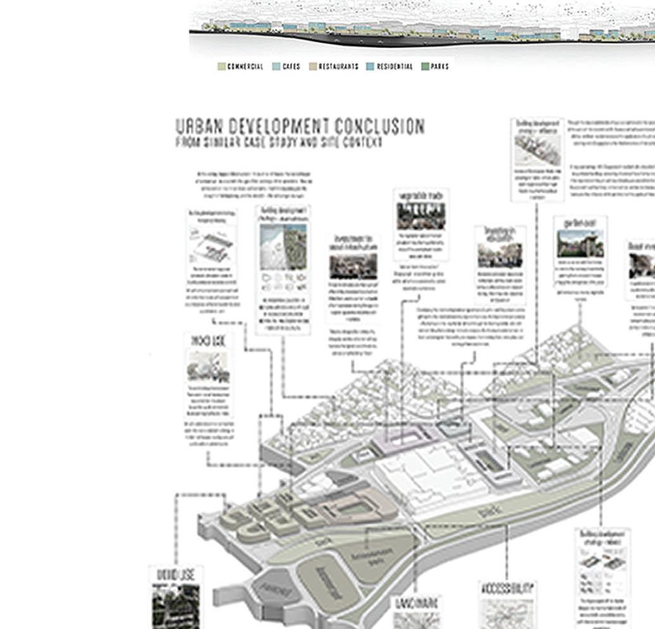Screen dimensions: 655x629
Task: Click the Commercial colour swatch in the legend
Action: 222,66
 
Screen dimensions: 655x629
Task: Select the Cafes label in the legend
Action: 291,66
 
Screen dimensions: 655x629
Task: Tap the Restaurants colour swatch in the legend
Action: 313,66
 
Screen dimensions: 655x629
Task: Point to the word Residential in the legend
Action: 395,66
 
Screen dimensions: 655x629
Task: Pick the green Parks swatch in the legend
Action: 425,66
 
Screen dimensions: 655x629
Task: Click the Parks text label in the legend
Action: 440,66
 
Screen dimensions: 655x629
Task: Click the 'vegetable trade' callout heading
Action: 421,196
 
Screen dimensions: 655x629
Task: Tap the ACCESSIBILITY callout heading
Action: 508,589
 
